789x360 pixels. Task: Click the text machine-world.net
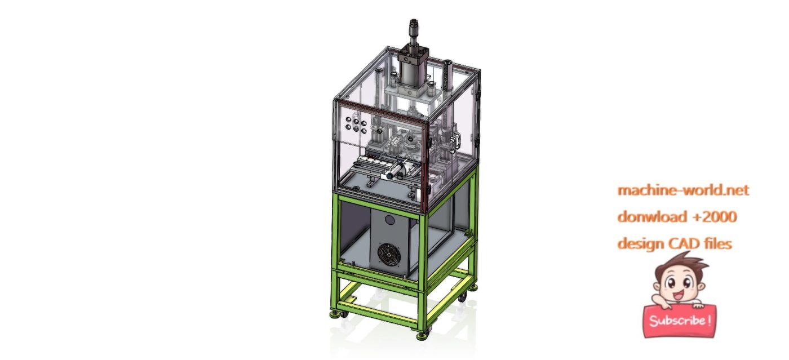click(683, 190)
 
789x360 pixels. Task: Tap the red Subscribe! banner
click(680, 321)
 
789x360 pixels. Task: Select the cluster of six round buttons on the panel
click(358, 124)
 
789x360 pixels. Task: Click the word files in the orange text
click(716, 243)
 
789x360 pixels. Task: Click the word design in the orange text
click(641, 243)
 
